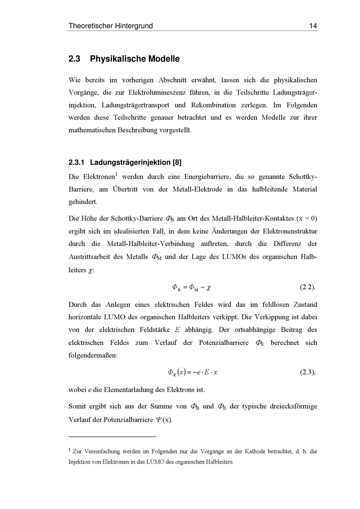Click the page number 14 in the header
[313, 26]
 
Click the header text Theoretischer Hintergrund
[111, 26]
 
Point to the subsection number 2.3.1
[76, 163]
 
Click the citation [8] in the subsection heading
[177, 163]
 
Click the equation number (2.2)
[307, 287]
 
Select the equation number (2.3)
[307, 372]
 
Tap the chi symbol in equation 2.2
[209, 288]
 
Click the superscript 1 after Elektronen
[116, 175]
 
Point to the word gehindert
[83, 202]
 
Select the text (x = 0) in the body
[307, 219]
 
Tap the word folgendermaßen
[93, 355]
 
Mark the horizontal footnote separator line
[112, 437]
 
